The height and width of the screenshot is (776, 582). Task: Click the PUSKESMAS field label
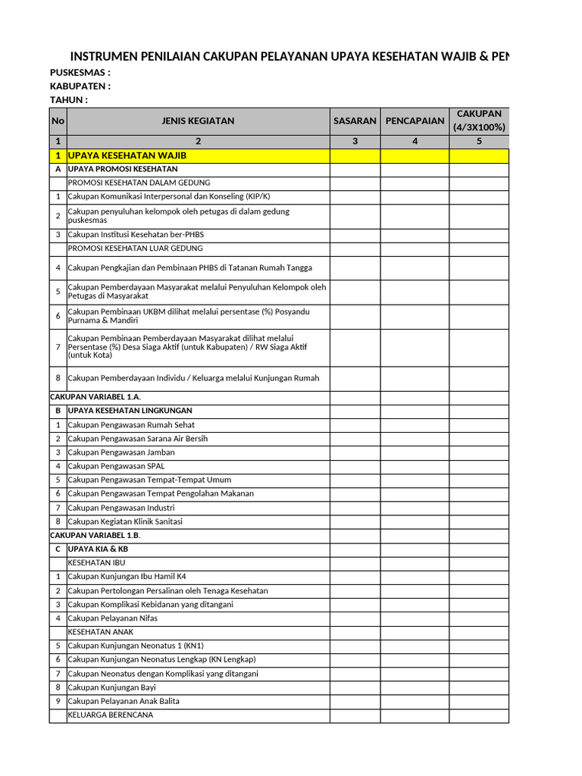coord(80,73)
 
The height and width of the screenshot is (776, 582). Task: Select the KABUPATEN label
coord(80,86)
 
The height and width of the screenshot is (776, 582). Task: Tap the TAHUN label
coord(69,100)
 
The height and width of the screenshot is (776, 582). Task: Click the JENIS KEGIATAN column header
coord(198,121)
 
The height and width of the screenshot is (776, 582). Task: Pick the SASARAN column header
coord(355,121)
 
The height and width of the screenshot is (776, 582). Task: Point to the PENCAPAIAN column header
coord(415,121)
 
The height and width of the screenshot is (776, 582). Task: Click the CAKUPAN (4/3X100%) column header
coord(479,120)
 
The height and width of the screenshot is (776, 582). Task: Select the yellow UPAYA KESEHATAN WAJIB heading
coord(127,155)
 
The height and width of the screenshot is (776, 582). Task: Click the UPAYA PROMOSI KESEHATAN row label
coord(123,169)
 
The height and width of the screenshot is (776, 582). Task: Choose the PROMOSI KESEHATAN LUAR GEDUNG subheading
coord(136,249)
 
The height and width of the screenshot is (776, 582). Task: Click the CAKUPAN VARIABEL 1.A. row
coord(95,397)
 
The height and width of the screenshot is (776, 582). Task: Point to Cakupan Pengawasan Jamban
coord(121,452)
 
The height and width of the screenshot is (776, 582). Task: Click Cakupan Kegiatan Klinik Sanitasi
coord(125,521)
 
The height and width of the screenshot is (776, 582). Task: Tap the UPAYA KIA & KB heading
coord(98,549)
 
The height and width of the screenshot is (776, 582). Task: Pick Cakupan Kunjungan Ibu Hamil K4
coord(127,577)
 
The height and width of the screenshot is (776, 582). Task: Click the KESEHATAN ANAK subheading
coord(102,632)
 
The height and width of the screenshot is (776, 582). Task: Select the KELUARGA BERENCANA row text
coord(111,715)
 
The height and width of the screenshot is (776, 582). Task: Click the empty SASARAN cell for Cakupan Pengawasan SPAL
coord(355,466)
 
